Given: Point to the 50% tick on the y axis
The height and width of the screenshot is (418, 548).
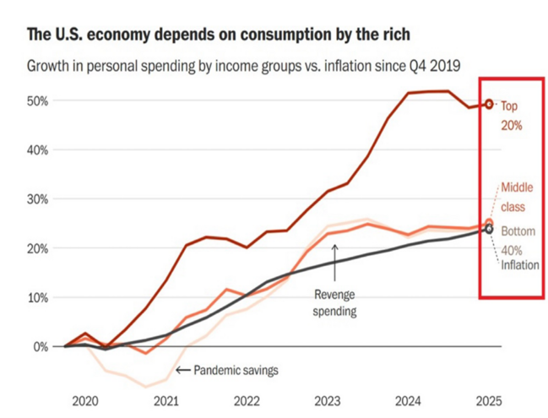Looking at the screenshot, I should [x=37, y=101].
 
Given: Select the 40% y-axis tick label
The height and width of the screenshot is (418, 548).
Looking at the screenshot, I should [x=37, y=150].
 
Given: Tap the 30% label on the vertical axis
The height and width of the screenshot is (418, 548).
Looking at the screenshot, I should [x=37, y=199].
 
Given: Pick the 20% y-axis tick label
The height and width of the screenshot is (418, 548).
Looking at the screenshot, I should [x=37, y=248].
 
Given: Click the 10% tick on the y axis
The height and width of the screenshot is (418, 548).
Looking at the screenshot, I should [x=37, y=297].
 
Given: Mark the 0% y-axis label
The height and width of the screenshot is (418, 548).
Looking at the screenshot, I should [x=41, y=346].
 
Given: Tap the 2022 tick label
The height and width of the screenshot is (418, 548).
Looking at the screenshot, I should [x=246, y=399].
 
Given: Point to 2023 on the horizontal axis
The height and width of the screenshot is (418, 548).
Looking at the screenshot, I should [x=327, y=399].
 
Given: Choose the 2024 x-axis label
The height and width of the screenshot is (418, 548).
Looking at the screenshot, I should [x=408, y=399].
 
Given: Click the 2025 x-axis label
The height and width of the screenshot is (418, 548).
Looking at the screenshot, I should [x=487, y=399].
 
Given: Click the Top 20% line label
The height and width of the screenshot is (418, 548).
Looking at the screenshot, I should [x=512, y=116].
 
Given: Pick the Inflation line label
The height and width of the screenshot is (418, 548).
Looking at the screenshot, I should [x=520, y=265].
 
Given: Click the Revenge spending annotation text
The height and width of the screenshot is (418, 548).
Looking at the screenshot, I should [x=335, y=303].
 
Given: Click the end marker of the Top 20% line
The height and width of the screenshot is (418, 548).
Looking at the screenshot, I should [x=488, y=105].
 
